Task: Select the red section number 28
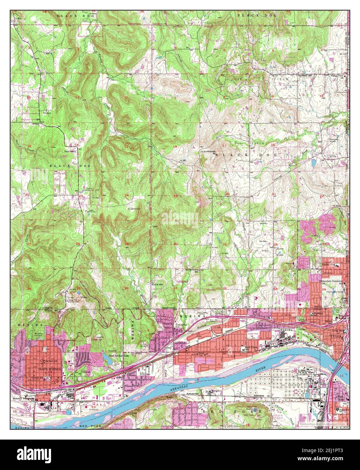275,244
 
